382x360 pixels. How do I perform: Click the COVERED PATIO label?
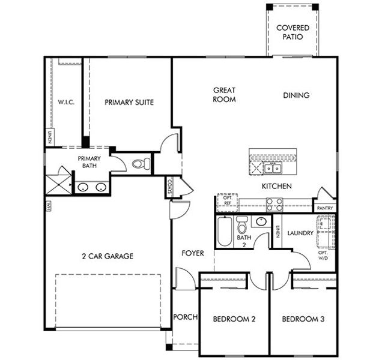coord(293,32)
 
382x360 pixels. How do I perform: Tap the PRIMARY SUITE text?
coord(129,102)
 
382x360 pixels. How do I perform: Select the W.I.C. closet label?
coord(65,102)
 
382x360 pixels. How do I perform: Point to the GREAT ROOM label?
coord(224,95)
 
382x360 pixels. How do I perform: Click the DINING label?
coord(296,95)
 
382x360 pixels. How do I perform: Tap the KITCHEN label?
coord(276,186)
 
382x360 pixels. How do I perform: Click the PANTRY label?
coord(325,208)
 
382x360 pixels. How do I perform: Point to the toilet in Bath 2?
coord(241,226)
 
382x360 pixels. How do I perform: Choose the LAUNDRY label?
coord(300,233)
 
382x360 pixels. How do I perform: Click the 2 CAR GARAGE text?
coord(108,256)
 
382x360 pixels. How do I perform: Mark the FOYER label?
coord(193,253)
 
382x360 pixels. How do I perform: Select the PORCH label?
coord(185,317)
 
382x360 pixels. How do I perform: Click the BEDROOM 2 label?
coord(234,319)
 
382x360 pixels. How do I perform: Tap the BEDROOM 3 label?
coord(303,319)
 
